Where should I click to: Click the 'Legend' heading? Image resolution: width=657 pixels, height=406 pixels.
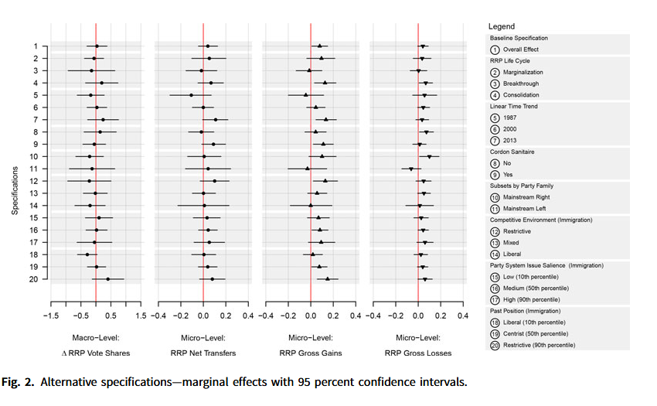pos(502,26)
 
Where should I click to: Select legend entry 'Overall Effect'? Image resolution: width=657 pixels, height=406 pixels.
pos(519,49)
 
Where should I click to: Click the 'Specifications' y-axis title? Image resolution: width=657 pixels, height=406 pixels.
pos(15,162)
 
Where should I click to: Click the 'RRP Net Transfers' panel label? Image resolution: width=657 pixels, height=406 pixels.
pos(203,353)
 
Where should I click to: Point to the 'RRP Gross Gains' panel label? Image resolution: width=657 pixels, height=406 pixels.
pos(311,353)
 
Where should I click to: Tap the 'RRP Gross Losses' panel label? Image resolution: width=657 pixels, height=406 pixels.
pos(418,353)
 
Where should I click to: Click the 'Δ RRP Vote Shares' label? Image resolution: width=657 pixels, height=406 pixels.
pos(96,353)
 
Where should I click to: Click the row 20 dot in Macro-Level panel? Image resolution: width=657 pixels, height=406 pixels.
pos(107,278)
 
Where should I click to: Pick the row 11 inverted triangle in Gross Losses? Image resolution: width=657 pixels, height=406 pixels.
pos(411,169)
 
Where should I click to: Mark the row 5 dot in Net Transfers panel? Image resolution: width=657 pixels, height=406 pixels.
pos(192,95)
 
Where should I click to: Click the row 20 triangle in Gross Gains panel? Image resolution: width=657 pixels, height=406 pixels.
pos(327,278)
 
